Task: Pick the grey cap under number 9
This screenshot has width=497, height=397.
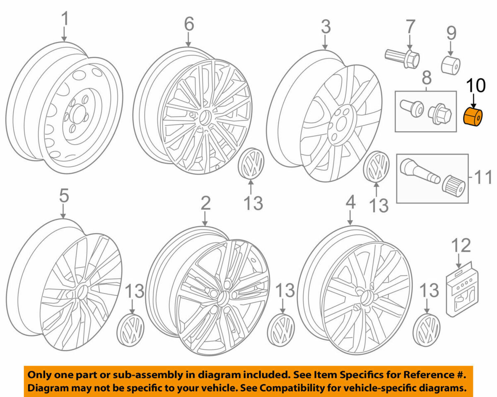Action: tap(451, 64)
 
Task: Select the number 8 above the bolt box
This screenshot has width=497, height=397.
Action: tap(426, 77)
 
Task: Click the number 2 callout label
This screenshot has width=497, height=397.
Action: tap(206, 203)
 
